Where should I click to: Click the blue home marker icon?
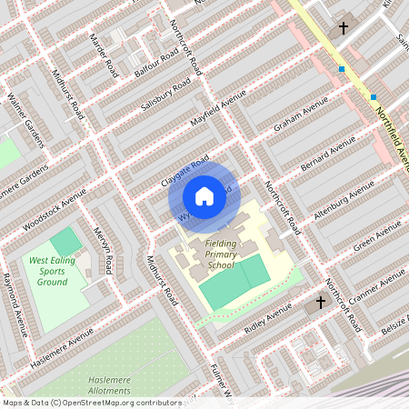point(204,196)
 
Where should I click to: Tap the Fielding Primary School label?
point(220,254)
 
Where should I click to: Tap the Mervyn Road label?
point(103,251)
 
